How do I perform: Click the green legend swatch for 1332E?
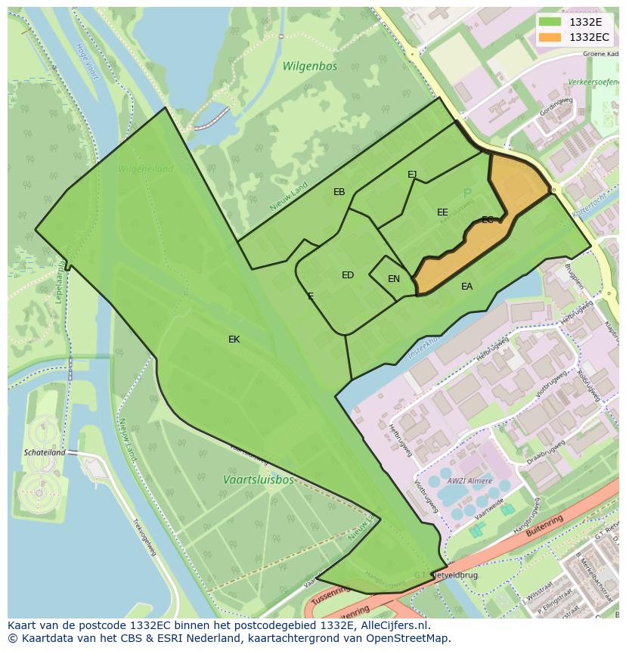(550, 22)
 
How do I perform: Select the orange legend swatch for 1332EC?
(550, 37)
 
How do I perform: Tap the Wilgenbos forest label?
(310, 67)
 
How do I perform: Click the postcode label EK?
(234, 339)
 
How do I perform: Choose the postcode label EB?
(339, 192)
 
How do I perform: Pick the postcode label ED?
(348, 275)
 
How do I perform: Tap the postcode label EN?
(394, 279)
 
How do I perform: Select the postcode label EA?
(467, 287)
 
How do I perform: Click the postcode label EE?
(442, 212)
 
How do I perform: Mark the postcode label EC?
(488, 220)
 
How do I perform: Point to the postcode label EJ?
(412, 175)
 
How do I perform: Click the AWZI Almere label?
(469, 481)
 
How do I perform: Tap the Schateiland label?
(45, 452)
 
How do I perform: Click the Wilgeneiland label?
(146, 169)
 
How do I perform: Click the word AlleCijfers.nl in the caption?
(394, 625)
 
